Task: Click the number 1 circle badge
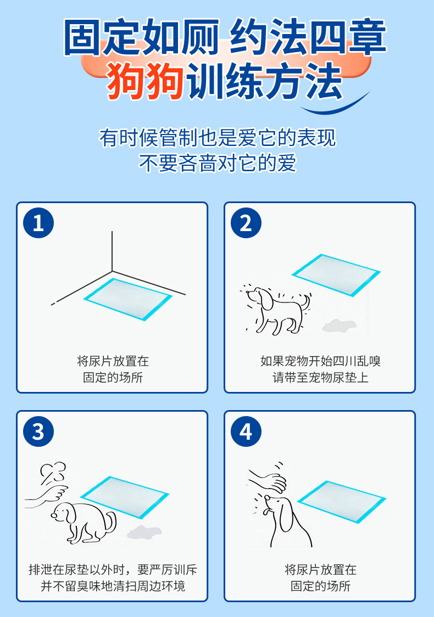click(38, 223)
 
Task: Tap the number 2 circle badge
click(246, 223)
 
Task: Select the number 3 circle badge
click(38, 431)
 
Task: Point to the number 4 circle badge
click(246, 431)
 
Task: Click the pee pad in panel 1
click(128, 299)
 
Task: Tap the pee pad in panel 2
click(336, 274)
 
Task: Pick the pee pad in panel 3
click(125, 497)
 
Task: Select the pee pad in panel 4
click(342, 501)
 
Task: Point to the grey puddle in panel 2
click(339, 325)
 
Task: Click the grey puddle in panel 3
click(144, 532)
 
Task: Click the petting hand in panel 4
click(268, 481)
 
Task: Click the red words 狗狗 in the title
click(146, 81)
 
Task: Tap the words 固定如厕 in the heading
click(141, 37)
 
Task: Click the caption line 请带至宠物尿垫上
click(320, 377)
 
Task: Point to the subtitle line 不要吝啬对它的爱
click(218, 162)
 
